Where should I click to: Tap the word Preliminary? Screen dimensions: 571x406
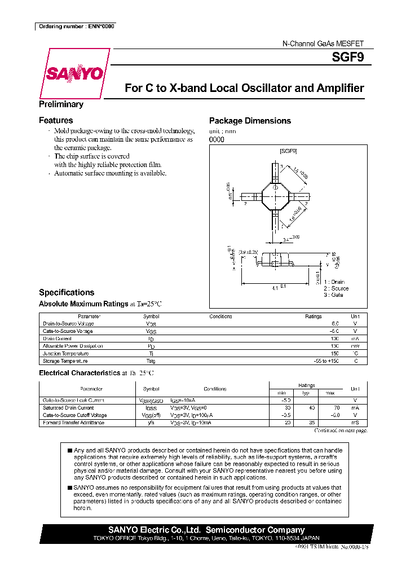(x=61, y=104)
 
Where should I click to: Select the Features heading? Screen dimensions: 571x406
(x=56, y=120)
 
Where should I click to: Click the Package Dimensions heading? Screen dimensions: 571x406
(x=250, y=121)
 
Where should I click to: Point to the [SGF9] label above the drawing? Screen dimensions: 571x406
(x=288, y=151)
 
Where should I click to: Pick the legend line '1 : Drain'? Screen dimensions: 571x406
(x=334, y=282)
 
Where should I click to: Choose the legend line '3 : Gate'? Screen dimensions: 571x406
(x=333, y=295)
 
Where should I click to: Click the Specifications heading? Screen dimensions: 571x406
(x=67, y=292)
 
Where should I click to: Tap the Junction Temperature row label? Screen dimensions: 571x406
(x=67, y=353)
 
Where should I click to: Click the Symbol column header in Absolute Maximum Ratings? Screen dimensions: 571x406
(x=151, y=317)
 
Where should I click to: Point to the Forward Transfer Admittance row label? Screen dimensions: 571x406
(x=73, y=423)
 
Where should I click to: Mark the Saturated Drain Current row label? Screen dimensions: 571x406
(x=68, y=407)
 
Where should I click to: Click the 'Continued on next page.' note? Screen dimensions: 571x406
(x=341, y=431)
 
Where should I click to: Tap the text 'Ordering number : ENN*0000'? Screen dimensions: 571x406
(x=76, y=27)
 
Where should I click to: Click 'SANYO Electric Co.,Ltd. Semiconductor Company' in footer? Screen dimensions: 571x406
(x=206, y=530)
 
